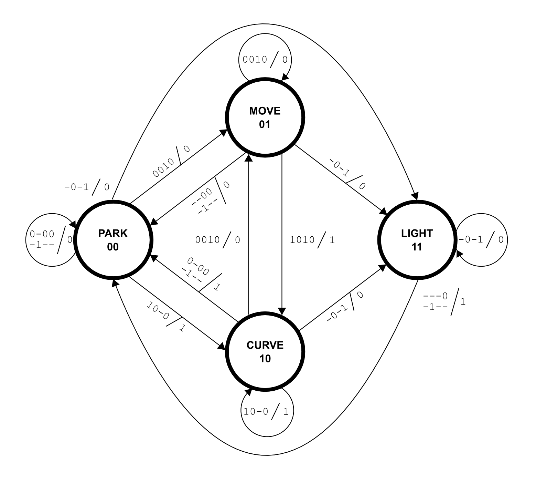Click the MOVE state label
(x=265, y=111)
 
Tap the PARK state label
(x=113, y=234)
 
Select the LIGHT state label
(x=417, y=234)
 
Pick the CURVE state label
(x=265, y=345)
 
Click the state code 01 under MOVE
(x=265, y=124)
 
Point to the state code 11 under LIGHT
(x=417, y=247)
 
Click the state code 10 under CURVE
(x=265, y=359)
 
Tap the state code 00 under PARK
(x=113, y=247)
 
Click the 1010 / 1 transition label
(x=312, y=240)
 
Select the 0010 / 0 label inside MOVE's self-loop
(x=265, y=60)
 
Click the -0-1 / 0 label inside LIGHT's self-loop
(x=481, y=240)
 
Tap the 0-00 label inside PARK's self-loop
(x=42, y=234)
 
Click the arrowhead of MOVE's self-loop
(x=285, y=78)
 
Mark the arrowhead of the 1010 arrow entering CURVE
(x=282, y=311)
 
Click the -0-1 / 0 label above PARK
(x=87, y=187)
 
